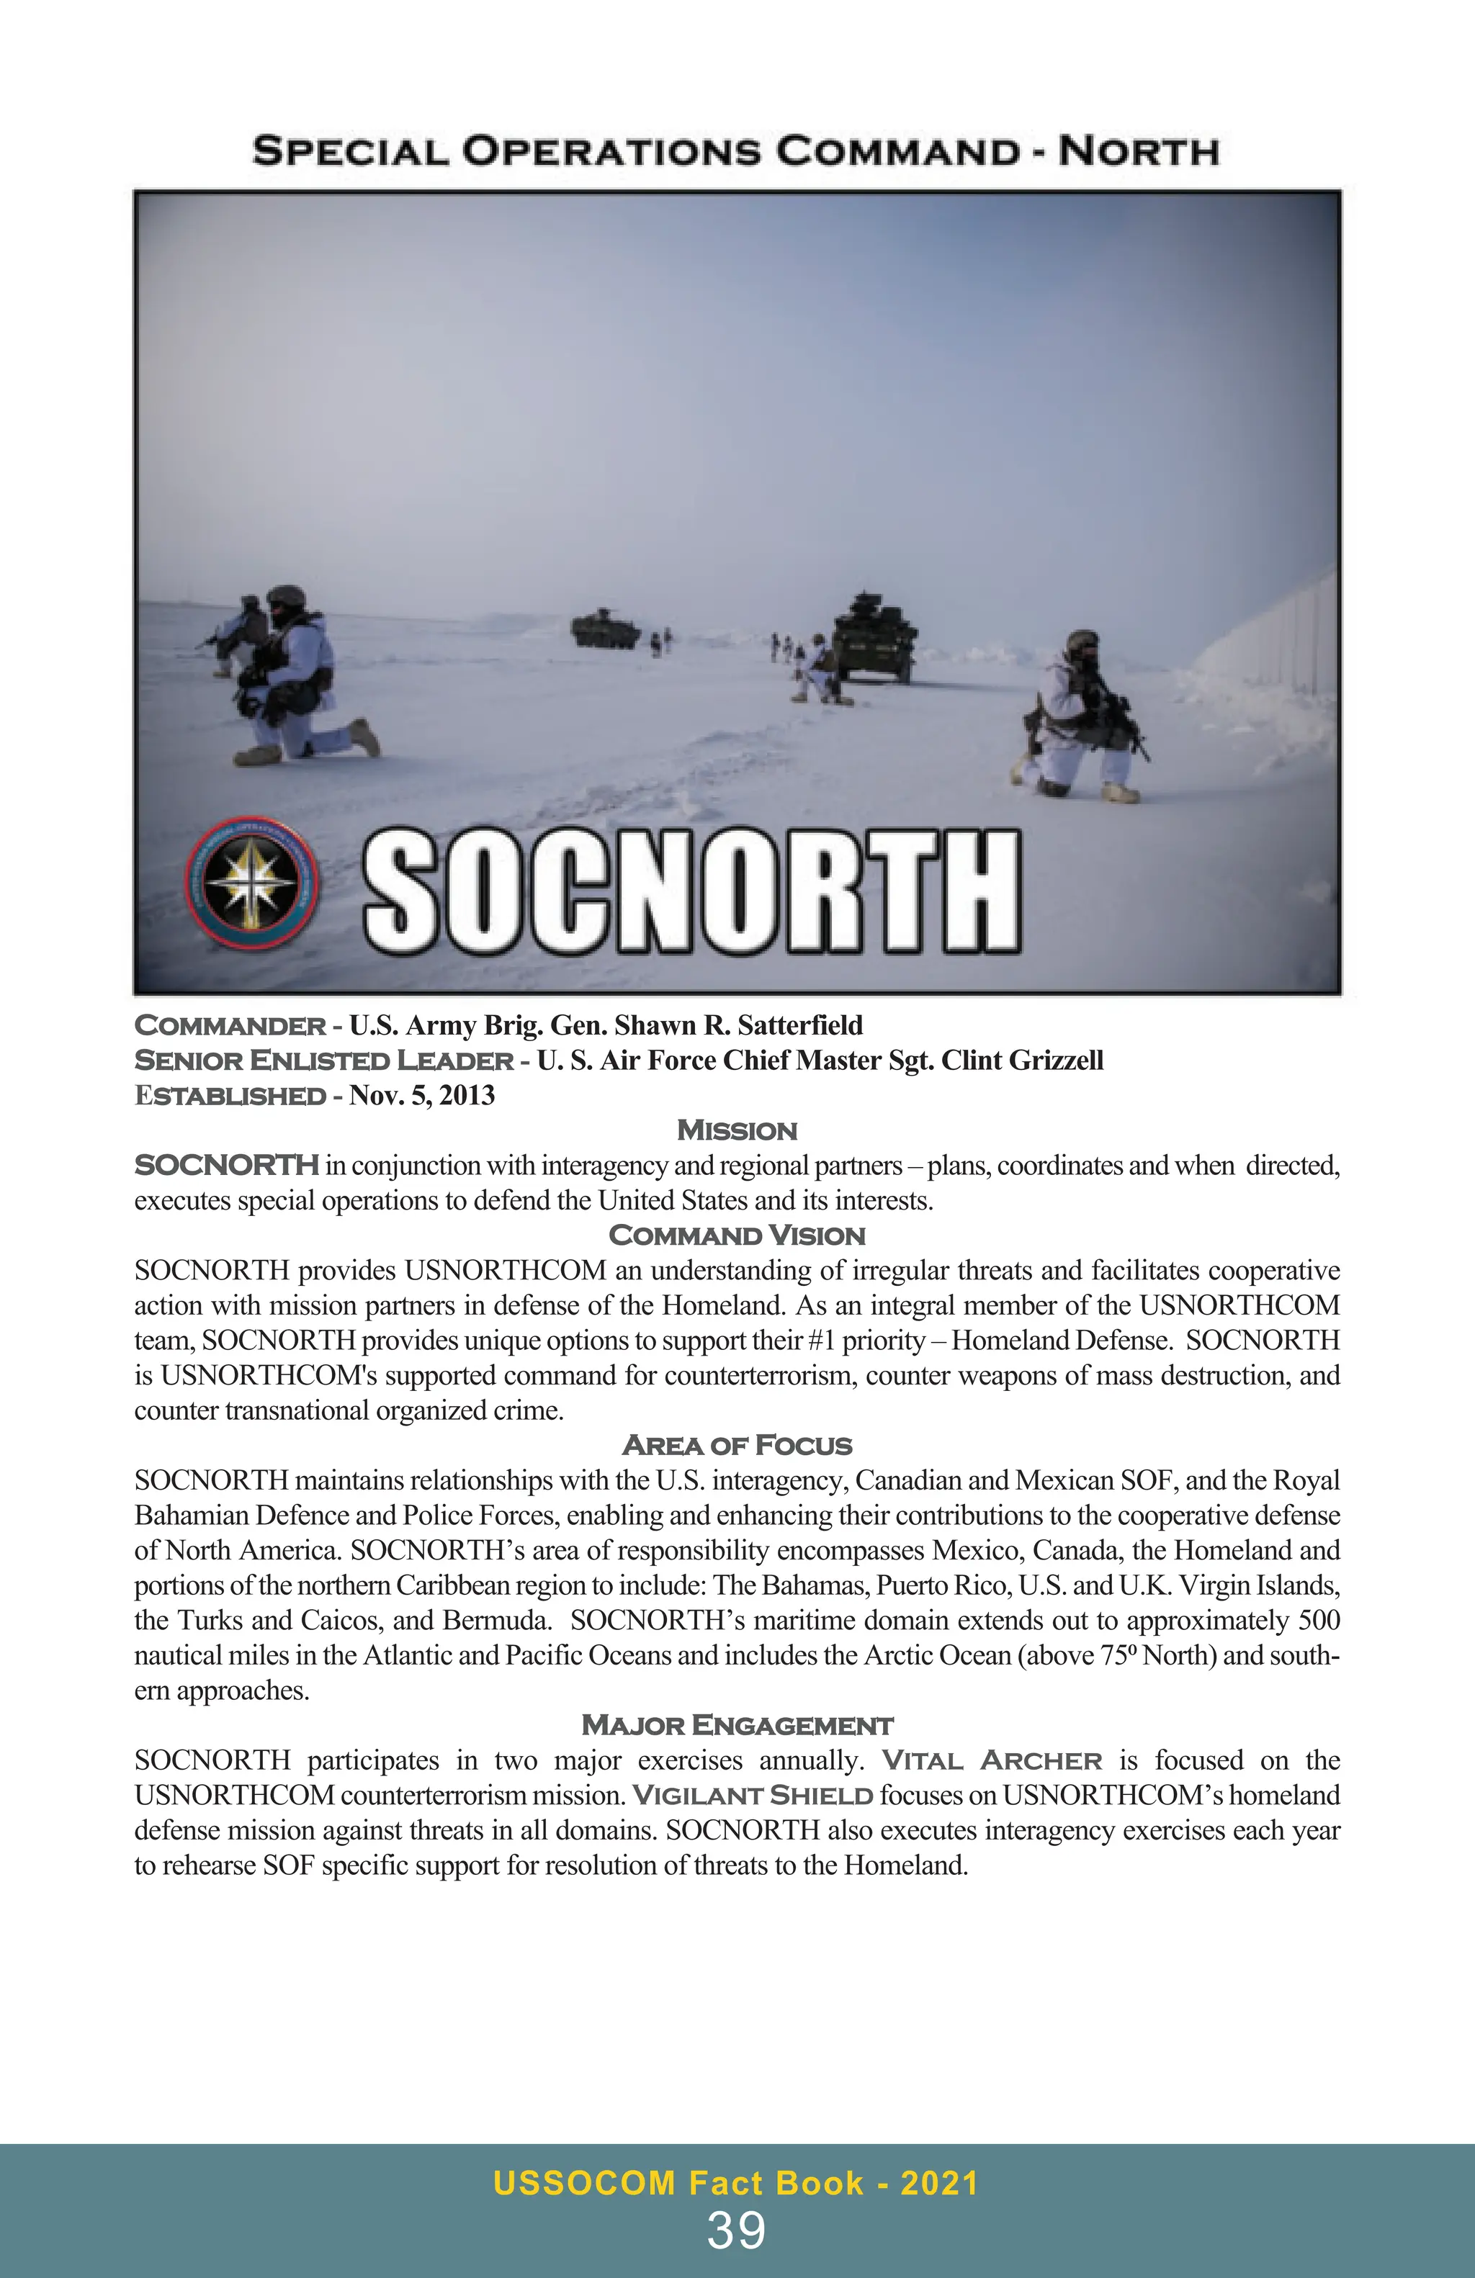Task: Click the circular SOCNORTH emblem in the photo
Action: point(254,883)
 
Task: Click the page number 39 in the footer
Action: point(736,2231)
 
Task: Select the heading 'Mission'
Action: point(736,1130)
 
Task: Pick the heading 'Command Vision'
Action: point(736,1235)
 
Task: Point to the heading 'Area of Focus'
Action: point(736,1445)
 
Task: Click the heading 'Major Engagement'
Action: point(736,1726)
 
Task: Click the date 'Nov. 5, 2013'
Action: point(421,1095)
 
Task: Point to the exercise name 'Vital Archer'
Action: point(992,1761)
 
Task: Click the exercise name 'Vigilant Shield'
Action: point(753,1796)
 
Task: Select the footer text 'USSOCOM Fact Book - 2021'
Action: point(736,2183)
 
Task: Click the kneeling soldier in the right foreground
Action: point(1080,718)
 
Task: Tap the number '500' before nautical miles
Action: point(1318,1621)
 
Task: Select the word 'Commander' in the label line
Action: point(230,1025)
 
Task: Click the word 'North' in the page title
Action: point(1137,151)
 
